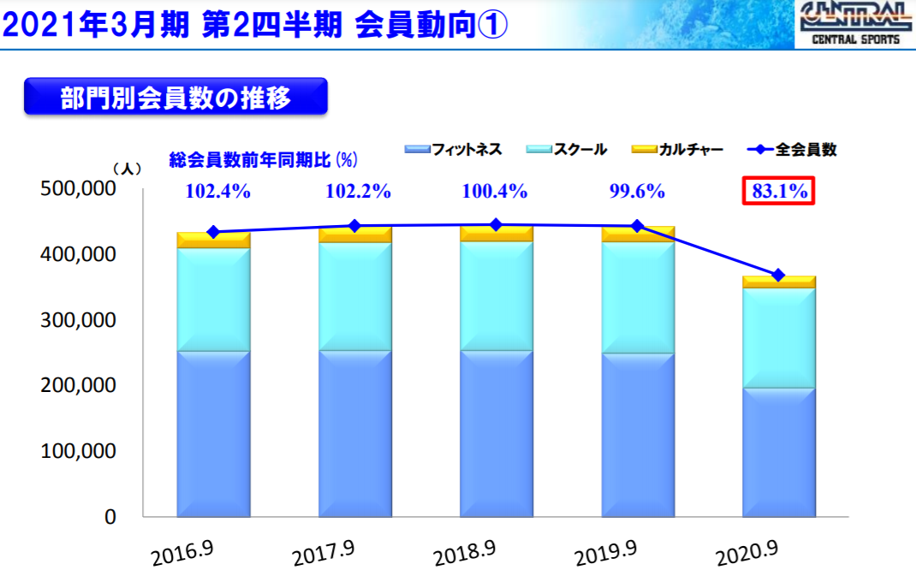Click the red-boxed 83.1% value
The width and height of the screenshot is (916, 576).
tap(778, 192)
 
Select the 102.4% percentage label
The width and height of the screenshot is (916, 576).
tap(218, 192)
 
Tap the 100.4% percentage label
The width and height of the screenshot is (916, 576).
tap(495, 192)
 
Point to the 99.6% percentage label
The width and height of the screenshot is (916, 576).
tap(637, 192)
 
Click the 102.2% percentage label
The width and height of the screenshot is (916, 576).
tap(358, 192)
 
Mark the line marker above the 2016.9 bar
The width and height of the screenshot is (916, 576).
tap(213, 232)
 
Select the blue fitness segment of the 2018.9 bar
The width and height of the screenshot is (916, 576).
tap(497, 433)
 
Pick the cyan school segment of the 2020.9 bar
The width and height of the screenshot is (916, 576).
tap(778, 338)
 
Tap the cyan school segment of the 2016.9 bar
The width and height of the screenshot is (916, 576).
tap(213, 300)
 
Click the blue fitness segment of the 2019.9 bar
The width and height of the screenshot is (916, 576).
tap(638, 435)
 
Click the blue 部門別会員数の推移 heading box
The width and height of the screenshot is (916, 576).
tap(175, 97)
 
